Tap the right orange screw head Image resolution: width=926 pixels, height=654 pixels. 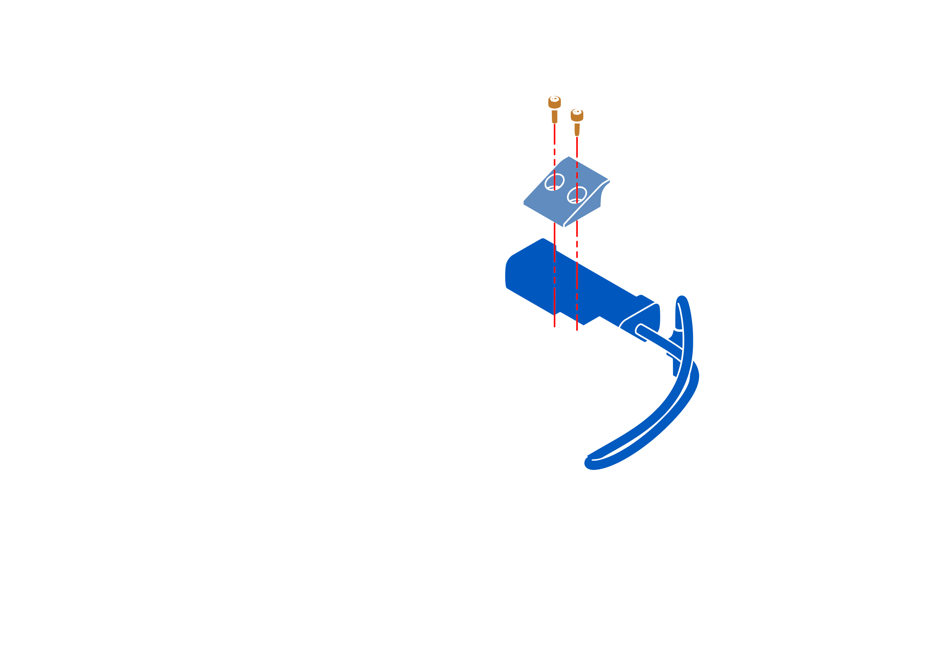(x=577, y=114)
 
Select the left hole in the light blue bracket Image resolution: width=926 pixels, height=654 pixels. (x=554, y=182)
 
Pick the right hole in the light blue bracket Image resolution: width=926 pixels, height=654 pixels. (x=577, y=195)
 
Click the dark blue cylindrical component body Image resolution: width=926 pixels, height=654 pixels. (x=573, y=282)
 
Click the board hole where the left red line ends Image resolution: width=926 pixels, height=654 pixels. (x=555, y=327)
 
